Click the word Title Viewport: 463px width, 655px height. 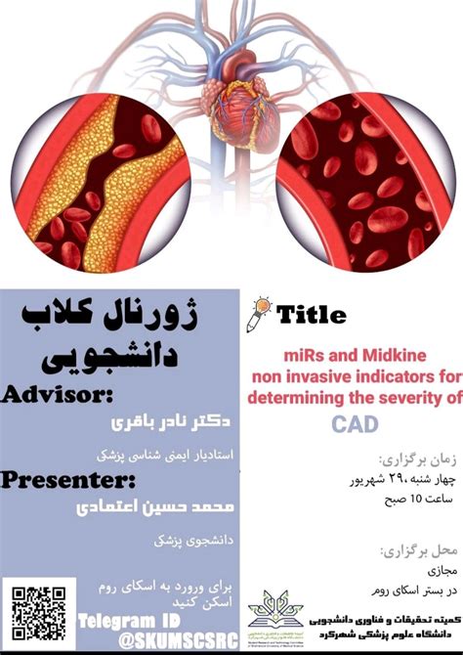pyautogui.click(x=311, y=315)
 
